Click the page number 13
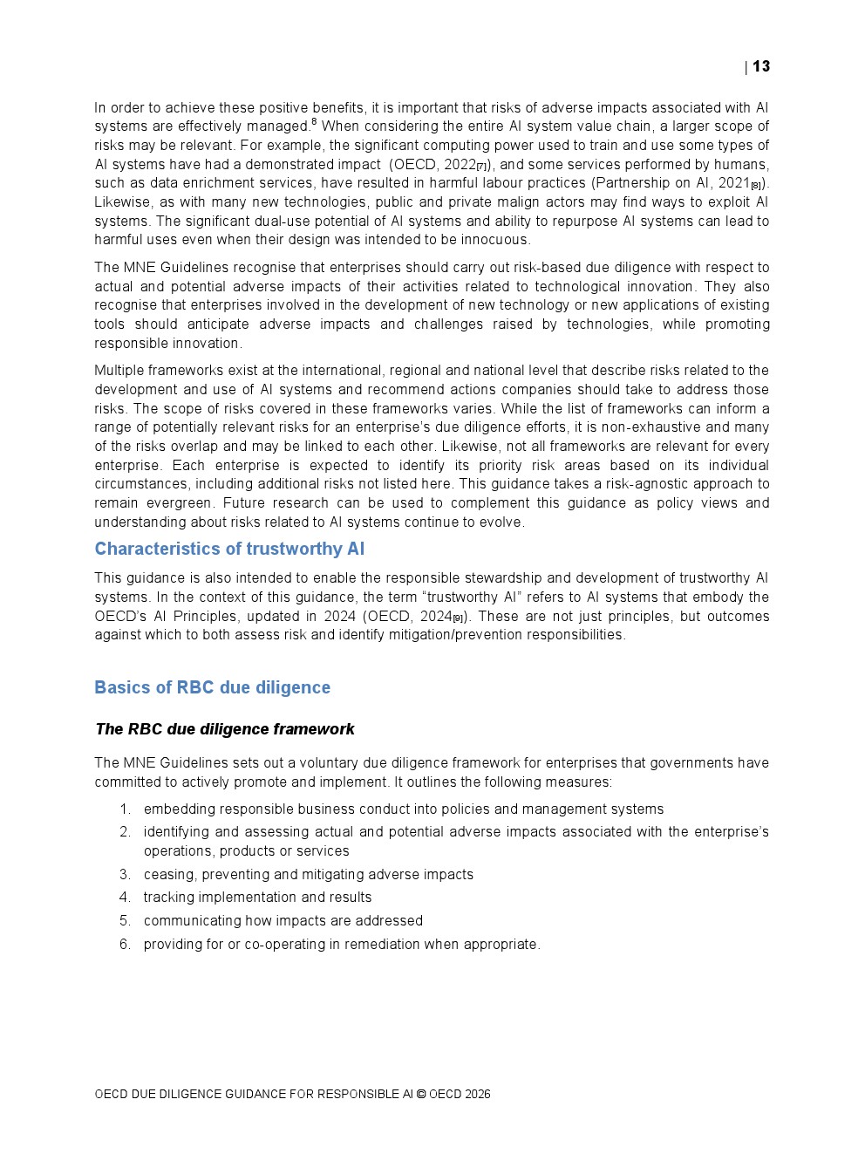(761, 66)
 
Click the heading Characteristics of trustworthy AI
(229, 549)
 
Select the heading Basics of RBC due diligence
(212, 687)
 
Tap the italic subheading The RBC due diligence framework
(224, 729)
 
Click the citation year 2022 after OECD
(460, 165)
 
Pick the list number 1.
(125, 809)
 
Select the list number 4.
(125, 898)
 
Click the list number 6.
(125, 945)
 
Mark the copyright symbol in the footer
(421, 1095)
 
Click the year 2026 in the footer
(477, 1095)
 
